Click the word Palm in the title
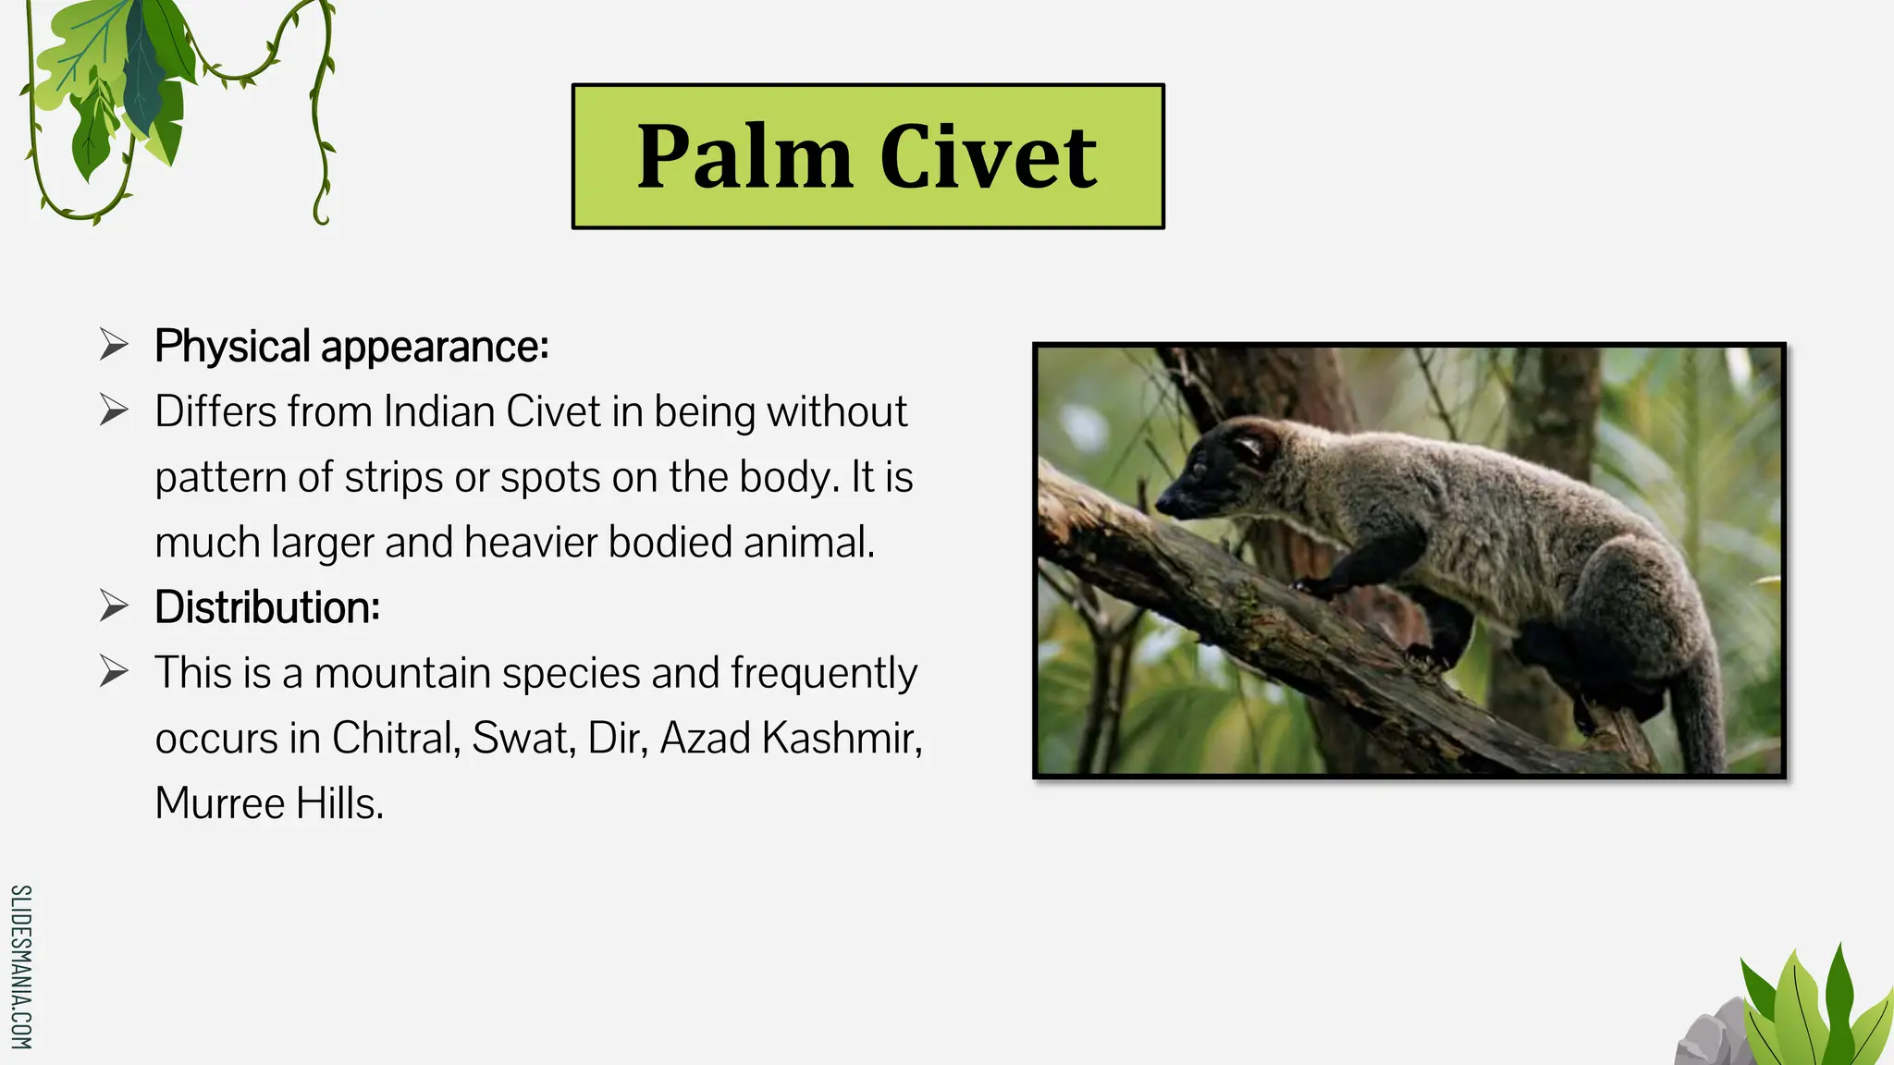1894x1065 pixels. (x=744, y=157)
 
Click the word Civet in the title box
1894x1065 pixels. (x=988, y=157)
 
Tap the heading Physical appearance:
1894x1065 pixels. (x=351, y=347)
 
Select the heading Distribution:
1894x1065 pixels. (x=267, y=608)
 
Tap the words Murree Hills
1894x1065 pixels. (x=268, y=803)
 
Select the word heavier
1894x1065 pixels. (x=531, y=543)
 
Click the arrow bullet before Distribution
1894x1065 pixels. (x=114, y=607)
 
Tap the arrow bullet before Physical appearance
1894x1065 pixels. (x=114, y=346)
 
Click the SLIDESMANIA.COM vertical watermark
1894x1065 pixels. (x=21, y=967)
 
